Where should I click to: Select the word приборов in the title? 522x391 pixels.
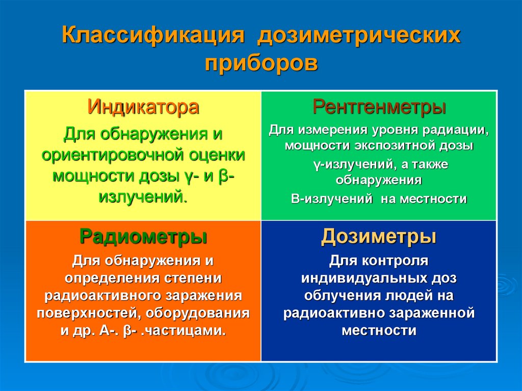click(x=262, y=64)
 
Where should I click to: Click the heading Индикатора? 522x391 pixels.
click(x=143, y=108)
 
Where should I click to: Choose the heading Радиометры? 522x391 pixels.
click(x=143, y=237)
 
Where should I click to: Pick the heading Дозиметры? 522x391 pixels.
click(x=379, y=237)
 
